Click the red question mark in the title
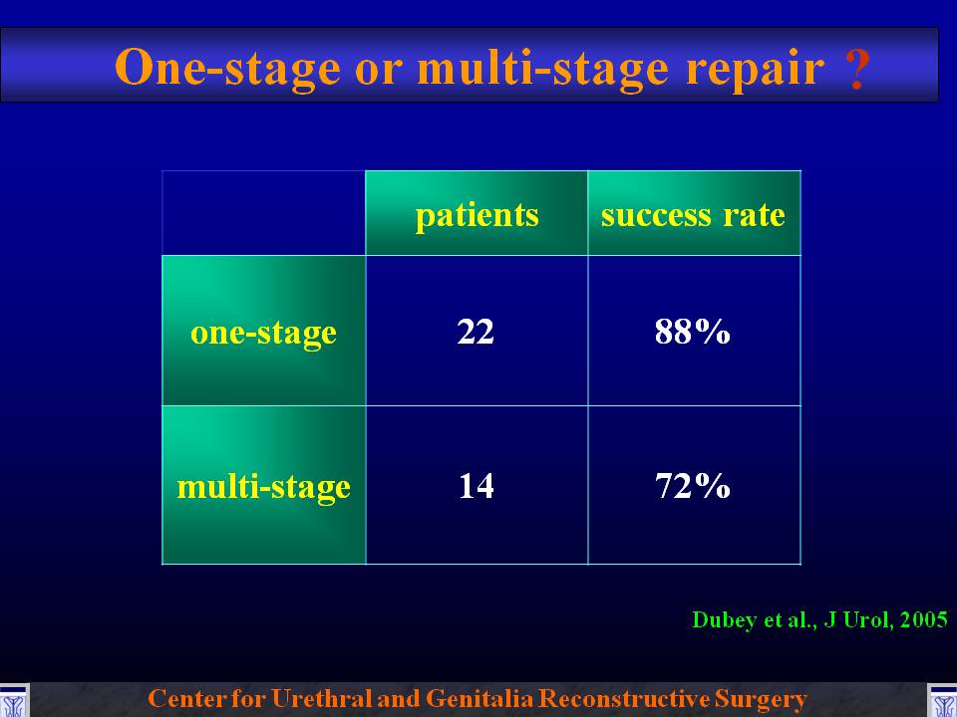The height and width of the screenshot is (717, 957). (x=857, y=69)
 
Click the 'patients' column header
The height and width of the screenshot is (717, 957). (x=477, y=215)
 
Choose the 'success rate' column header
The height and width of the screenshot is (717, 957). (x=693, y=215)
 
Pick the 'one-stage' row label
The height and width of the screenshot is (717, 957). (x=263, y=334)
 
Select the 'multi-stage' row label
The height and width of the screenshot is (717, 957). (x=263, y=487)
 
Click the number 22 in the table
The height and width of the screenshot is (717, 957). (x=476, y=332)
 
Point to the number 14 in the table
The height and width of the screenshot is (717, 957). (x=477, y=486)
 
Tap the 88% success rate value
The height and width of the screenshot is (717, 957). (x=693, y=332)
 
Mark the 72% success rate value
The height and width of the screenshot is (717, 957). (x=693, y=486)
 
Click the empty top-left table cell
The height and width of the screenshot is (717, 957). (x=263, y=213)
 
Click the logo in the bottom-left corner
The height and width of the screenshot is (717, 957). (x=13, y=700)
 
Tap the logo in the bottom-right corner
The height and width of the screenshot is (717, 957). (x=942, y=700)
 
